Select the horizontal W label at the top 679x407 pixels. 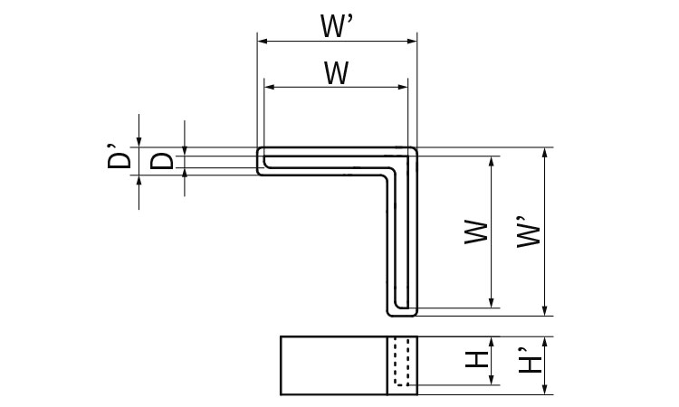pyautogui.click(x=336, y=72)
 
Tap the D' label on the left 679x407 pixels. pyautogui.click(x=117, y=161)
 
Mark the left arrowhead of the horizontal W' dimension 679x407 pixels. pyautogui.click(x=263, y=40)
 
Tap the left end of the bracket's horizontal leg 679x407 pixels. pyautogui.click(x=259, y=161)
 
